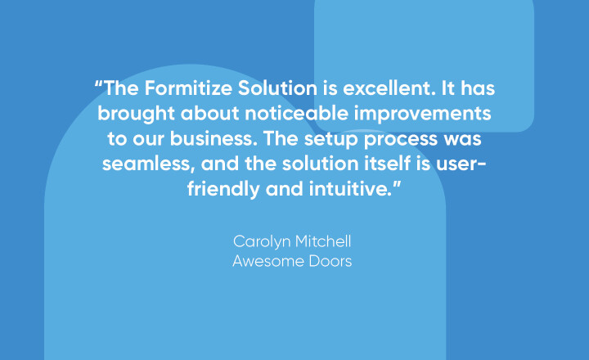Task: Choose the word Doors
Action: coord(330,262)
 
